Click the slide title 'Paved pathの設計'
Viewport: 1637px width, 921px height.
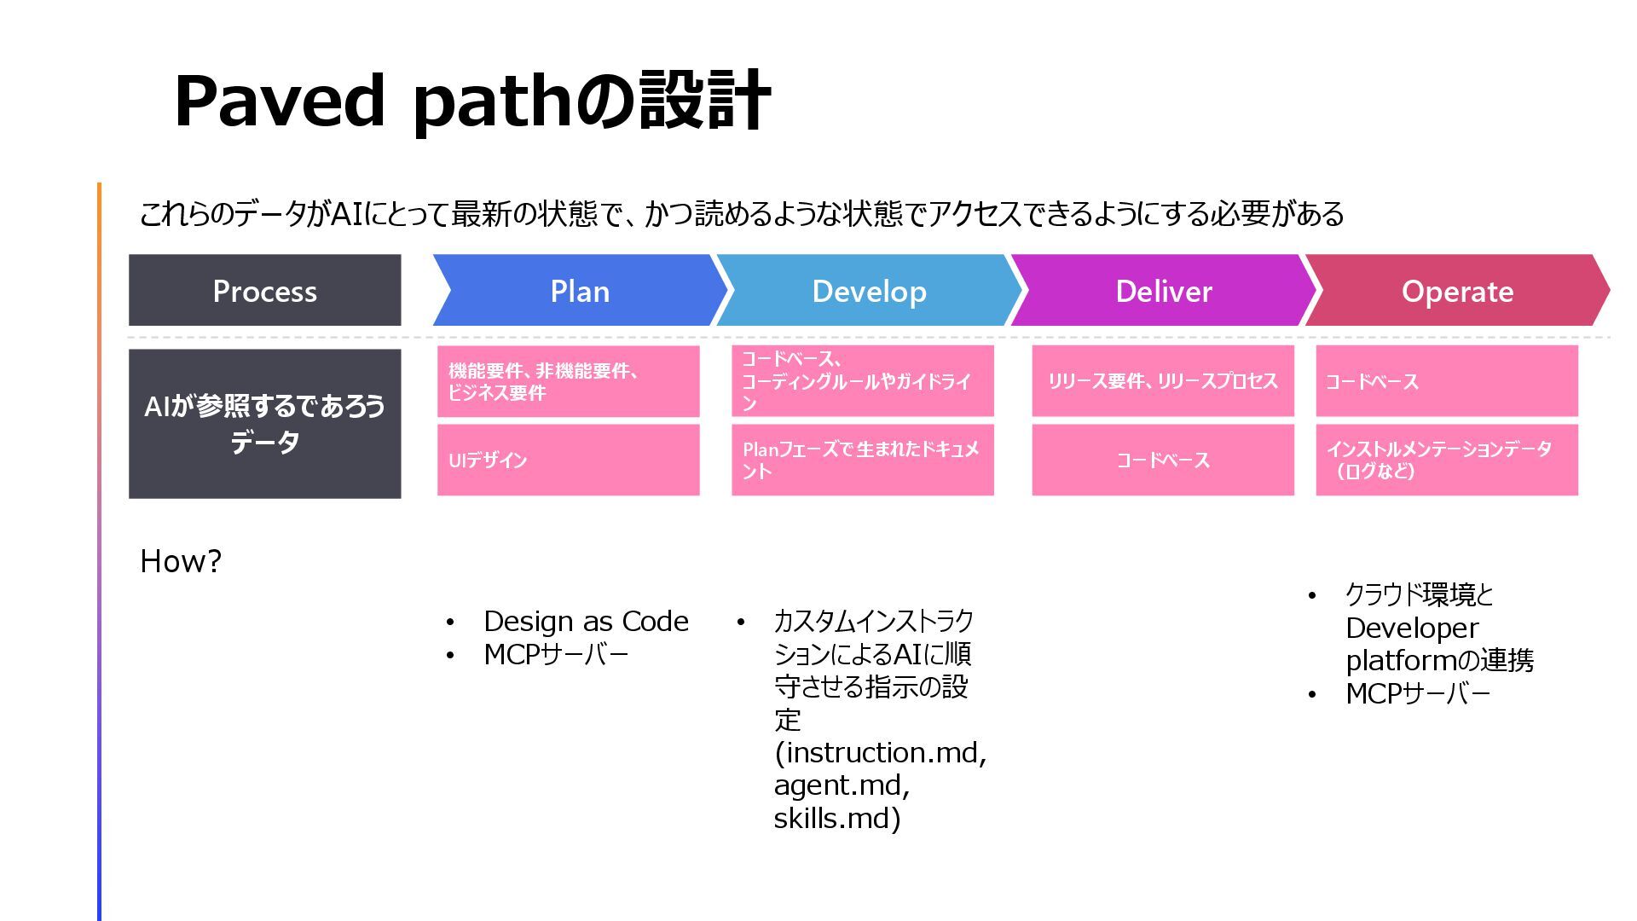click(x=472, y=102)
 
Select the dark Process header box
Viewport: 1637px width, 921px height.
click(x=264, y=291)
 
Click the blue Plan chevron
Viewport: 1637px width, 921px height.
click(x=580, y=291)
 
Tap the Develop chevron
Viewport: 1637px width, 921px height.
click(x=869, y=291)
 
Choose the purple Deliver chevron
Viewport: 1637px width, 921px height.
click(x=1163, y=291)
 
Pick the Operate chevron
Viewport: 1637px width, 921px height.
click(x=1456, y=291)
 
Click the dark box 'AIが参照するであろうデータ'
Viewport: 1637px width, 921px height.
click(x=264, y=424)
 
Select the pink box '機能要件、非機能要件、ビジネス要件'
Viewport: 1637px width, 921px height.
click(x=568, y=381)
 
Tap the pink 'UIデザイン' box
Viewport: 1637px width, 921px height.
click(x=568, y=460)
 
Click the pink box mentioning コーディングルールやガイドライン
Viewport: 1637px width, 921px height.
click(x=862, y=381)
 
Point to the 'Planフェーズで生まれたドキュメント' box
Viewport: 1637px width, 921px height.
click(x=862, y=460)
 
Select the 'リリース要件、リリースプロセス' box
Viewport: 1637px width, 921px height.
click(x=1162, y=381)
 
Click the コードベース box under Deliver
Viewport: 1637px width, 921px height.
click(x=1162, y=460)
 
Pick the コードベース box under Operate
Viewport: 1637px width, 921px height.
click(x=1446, y=381)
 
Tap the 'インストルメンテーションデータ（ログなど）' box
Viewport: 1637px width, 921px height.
click(x=1446, y=460)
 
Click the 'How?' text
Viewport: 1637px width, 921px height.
click(x=181, y=561)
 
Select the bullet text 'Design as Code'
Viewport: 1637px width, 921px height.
click(x=586, y=622)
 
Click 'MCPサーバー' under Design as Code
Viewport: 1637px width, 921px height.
click(x=556, y=655)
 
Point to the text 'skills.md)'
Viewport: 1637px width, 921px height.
click(x=836, y=819)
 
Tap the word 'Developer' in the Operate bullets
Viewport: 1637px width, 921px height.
click(x=1411, y=628)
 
